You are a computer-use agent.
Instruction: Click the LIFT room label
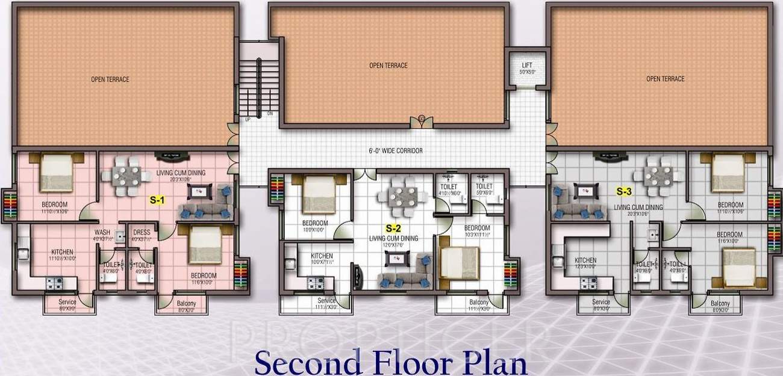pyautogui.click(x=526, y=65)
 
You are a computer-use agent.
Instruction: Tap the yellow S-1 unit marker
pyautogui.click(x=157, y=201)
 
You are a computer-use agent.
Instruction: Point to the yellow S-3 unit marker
pyautogui.click(x=624, y=192)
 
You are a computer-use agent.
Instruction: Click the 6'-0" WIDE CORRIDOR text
pyautogui.click(x=396, y=150)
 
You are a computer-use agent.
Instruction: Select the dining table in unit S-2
pyautogui.click(x=398, y=197)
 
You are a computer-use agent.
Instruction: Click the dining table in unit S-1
pyautogui.click(x=126, y=176)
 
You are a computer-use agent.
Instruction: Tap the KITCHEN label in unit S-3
pyautogui.click(x=585, y=260)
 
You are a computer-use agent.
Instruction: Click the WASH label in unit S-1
pyautogui.click(x=101, y=232)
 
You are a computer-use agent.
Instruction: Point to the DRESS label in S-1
pyautogui.click(x=142, y=232)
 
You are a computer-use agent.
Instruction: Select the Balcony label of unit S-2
pyautogui.click(x=478, y=302)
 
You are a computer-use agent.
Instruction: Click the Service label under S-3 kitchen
pyautogui.click(x=601, y=302)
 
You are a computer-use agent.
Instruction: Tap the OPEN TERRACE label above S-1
pyautogui.click(x=110, y=79)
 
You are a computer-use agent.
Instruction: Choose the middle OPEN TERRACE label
pyautogui.click(x=388, y=66)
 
